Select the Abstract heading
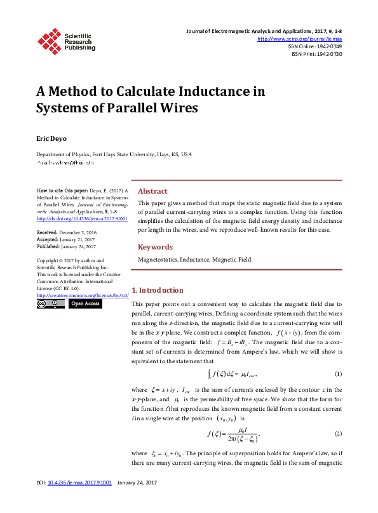point(152,191)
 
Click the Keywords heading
point(155,247)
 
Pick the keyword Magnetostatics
point(158,260)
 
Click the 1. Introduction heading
point(157,290)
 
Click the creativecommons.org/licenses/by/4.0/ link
point(83,295)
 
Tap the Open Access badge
point(84,304)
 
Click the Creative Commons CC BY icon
point(50,304)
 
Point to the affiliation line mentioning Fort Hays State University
point(114,154)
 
